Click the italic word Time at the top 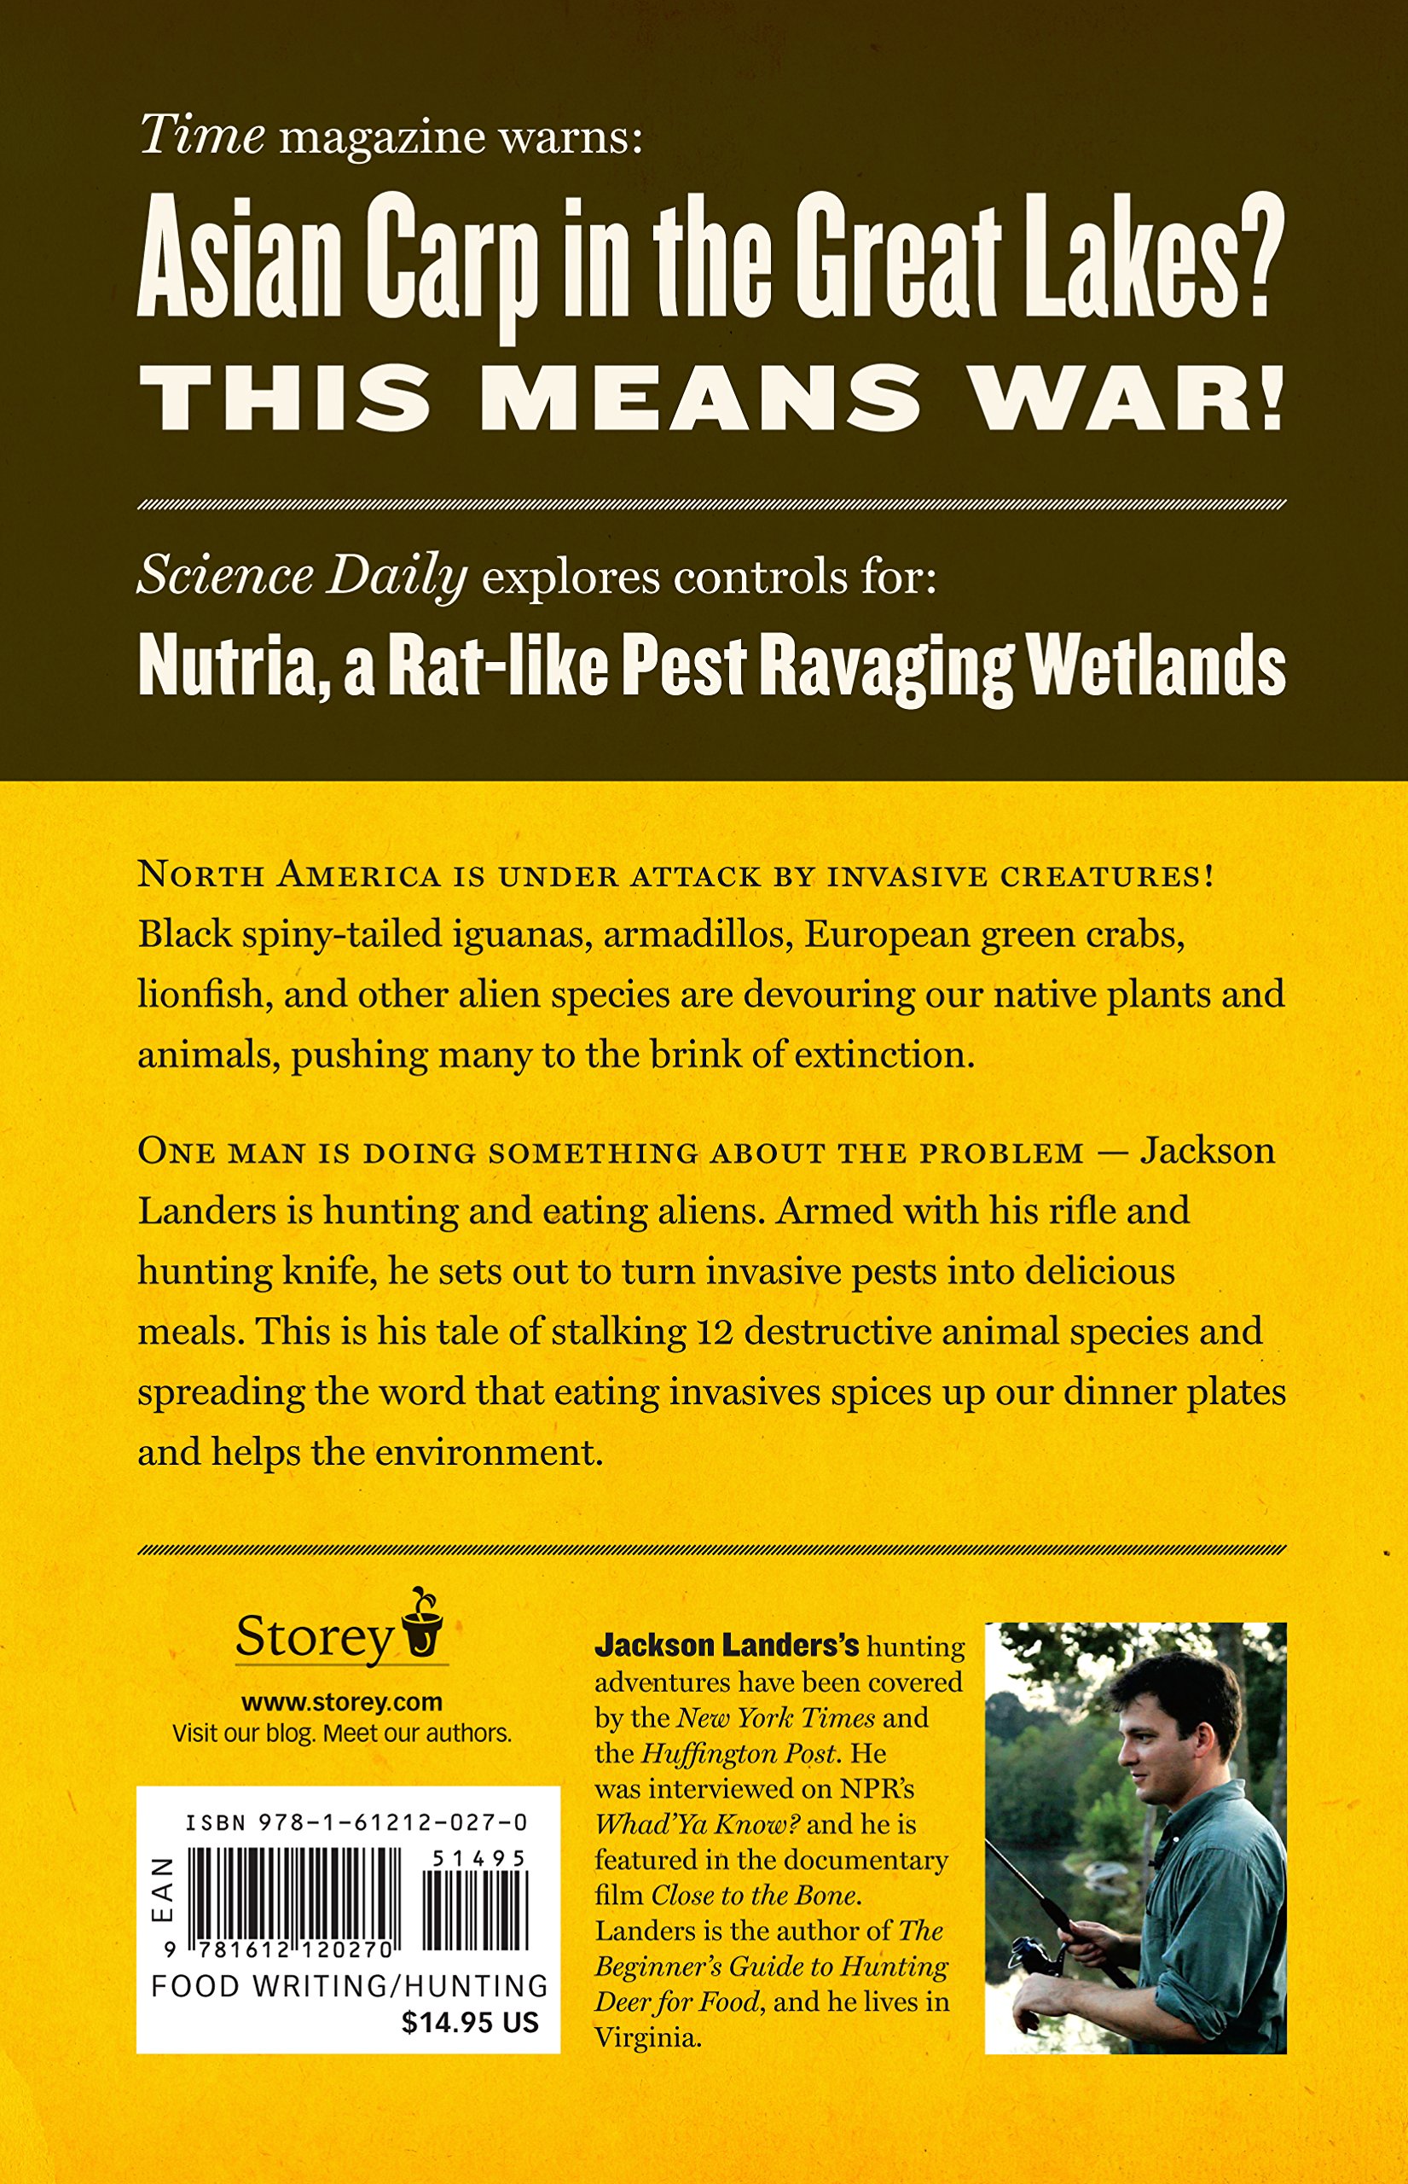(x=202, y=136)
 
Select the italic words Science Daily (x=302, y=577)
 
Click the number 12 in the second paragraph (x=715, y=1332)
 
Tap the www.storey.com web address (x=342, y=1702)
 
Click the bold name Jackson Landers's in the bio (x=726, y=1647)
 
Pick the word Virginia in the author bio (x=647, y=2037)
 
